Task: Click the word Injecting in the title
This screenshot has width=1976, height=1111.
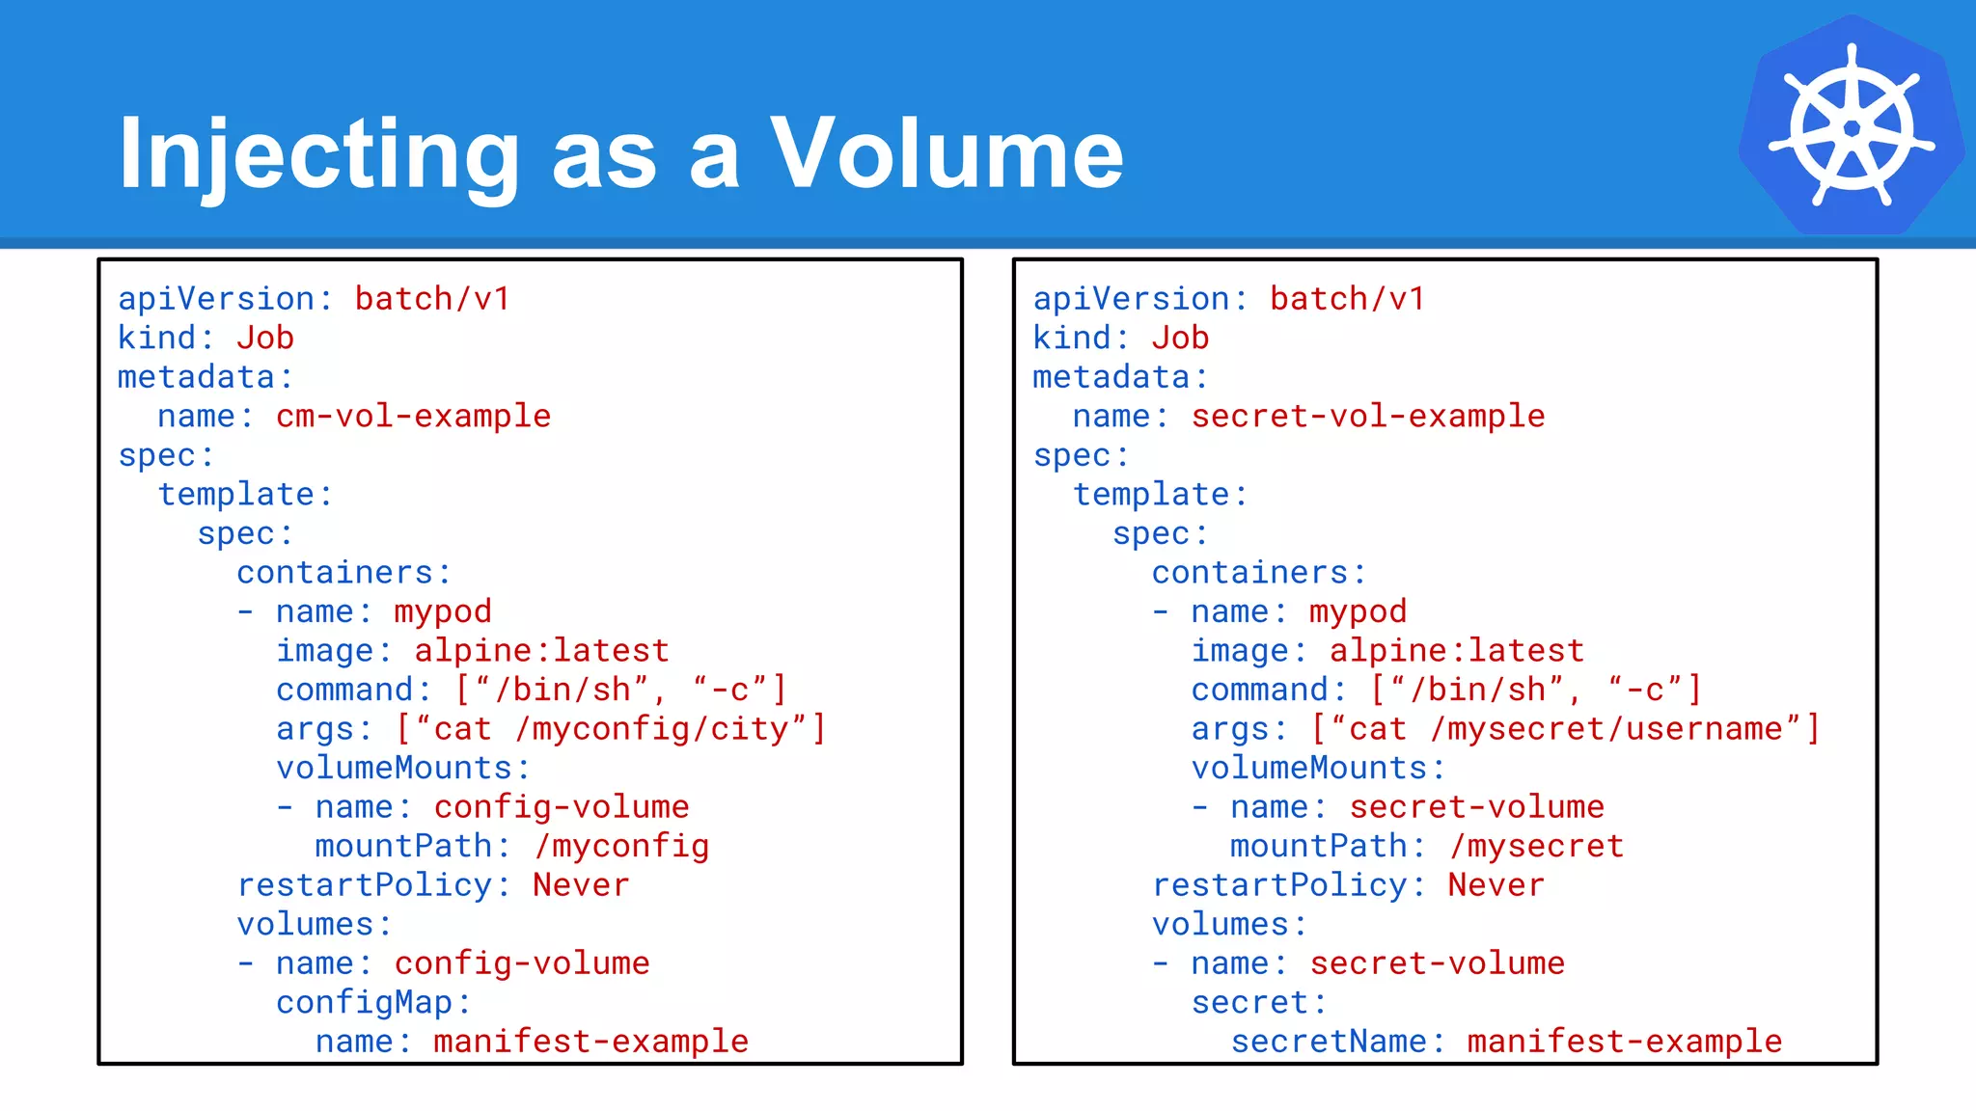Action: coord(318,154)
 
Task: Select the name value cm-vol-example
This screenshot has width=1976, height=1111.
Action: coord(413,417)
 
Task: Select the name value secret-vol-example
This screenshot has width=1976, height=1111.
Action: coord(1367,417)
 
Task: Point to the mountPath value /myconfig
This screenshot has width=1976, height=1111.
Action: coord(621,847)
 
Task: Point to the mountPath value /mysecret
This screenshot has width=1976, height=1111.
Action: coord(1536,847)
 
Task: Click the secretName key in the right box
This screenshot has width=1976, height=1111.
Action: coord(1329,1042)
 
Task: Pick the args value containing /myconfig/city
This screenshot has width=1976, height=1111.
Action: coord(611,729)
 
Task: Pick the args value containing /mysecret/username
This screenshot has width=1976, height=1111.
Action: coord(1565,729)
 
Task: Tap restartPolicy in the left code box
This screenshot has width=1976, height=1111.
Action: coord(365,885)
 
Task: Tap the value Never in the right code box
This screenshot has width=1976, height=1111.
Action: coord(1496,885)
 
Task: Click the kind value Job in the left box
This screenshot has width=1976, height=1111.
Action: coord(264,338)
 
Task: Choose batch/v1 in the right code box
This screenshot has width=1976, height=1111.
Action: coord(1347,299)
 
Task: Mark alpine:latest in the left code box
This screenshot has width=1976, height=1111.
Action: coord(541,651)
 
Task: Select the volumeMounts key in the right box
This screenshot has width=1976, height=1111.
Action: coord(1309,769)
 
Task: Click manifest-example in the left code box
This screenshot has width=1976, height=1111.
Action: coord(590,1042)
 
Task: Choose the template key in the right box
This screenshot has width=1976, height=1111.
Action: coord(1151,495)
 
